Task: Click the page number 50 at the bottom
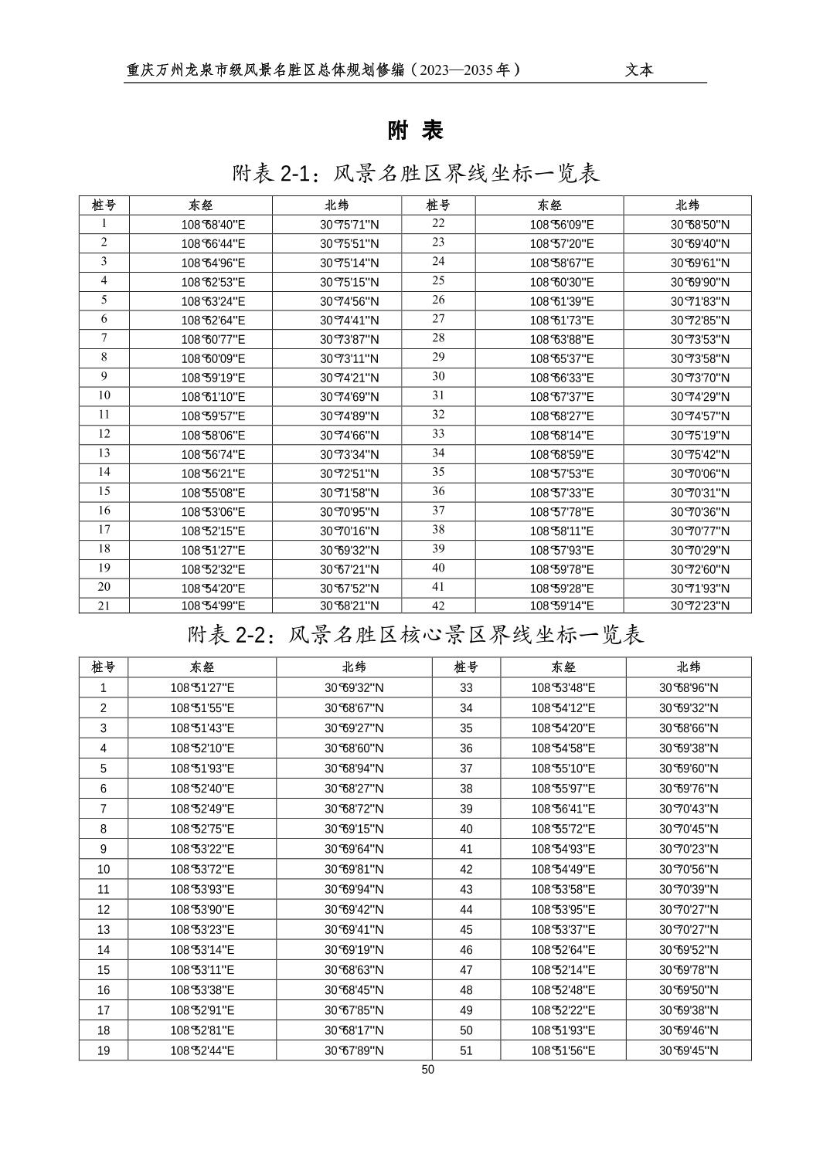tap(428, 1070)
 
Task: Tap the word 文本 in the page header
tap(639, 70)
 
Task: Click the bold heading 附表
tap(416, 131)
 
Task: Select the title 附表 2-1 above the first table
tap(416, 174)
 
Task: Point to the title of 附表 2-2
tap(416, 635)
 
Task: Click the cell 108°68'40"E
tap(213, 225)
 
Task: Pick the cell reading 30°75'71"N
tap(349, 225)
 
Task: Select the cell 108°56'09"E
tap(562, 225)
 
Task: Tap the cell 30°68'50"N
tap(699, 225)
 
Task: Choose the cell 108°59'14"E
tap(562, 606)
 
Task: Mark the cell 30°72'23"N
tap(699, 606)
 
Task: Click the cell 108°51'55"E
tap(202, 708)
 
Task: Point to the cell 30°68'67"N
tap(354, 708)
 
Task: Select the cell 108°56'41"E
tap(563, 809)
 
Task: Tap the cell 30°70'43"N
tap(689, 809)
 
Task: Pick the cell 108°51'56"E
tap(563, 1050)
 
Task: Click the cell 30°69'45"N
tap(689, 1050)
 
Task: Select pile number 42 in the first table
tap(438, 606)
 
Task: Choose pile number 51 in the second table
tap(466, 1050)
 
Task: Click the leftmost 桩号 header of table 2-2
tap(104, 667)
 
